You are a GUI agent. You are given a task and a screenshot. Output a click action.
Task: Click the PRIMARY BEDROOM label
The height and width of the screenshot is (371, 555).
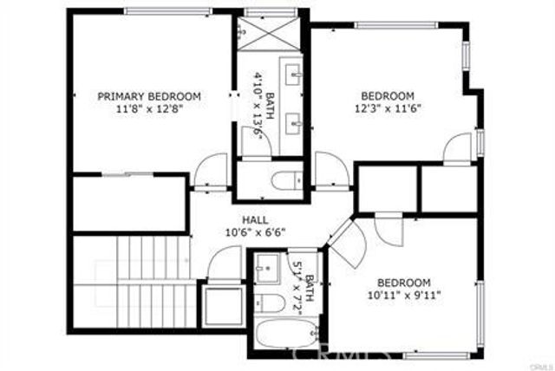149,96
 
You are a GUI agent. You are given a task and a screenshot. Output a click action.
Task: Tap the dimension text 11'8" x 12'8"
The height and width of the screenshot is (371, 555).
149,109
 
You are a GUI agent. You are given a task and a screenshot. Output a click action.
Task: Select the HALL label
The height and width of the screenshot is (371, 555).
255,220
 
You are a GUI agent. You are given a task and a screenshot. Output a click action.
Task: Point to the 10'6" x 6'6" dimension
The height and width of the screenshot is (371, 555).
255,232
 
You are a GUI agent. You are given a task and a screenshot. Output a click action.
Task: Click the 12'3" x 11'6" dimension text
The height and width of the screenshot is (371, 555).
388,109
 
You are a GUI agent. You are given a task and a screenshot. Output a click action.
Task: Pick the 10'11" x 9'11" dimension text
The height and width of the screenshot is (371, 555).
404,296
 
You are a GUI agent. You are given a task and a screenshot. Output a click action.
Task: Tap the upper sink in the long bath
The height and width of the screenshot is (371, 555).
294,76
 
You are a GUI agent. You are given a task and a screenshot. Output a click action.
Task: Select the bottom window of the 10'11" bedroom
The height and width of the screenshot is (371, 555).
438,355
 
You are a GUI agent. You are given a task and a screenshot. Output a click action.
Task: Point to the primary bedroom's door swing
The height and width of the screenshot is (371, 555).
209,170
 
